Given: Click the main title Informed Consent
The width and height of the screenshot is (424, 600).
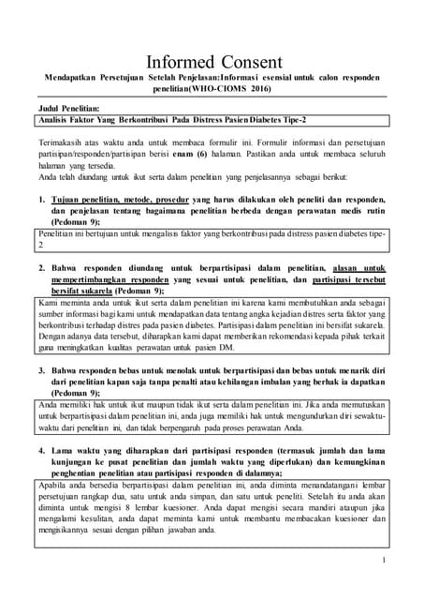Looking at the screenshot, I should point(212,49).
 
